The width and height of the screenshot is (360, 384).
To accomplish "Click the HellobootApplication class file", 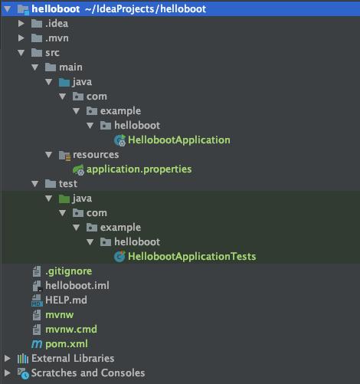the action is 179,140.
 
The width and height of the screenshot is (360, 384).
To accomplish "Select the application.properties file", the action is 139,169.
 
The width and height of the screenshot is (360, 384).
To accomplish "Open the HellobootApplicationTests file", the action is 191,257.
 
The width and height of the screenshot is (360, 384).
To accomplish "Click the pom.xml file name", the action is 67,344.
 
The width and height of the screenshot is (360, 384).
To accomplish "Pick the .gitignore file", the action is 68,271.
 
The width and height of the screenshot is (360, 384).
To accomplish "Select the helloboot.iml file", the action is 77,286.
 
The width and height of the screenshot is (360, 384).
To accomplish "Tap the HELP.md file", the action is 66,300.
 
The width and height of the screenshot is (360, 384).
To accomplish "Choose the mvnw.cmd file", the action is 71,330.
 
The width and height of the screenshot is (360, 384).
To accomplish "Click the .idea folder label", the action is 57,24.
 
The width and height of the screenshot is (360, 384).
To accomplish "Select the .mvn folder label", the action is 57,38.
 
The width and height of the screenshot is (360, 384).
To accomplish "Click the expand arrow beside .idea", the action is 21,24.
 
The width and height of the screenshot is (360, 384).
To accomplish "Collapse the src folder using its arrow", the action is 21,53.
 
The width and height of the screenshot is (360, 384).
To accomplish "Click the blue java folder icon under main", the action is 64,82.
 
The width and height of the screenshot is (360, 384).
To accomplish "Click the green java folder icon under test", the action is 64,199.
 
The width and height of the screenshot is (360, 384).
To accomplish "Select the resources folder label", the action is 96,155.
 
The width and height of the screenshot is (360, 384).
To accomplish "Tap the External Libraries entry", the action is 73,359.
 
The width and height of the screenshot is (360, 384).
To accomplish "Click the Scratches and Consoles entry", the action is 88,373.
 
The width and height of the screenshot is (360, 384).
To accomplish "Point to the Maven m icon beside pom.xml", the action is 37,344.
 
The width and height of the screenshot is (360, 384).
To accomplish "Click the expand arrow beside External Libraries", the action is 8,359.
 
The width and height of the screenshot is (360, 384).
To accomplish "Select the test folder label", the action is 68,184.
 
